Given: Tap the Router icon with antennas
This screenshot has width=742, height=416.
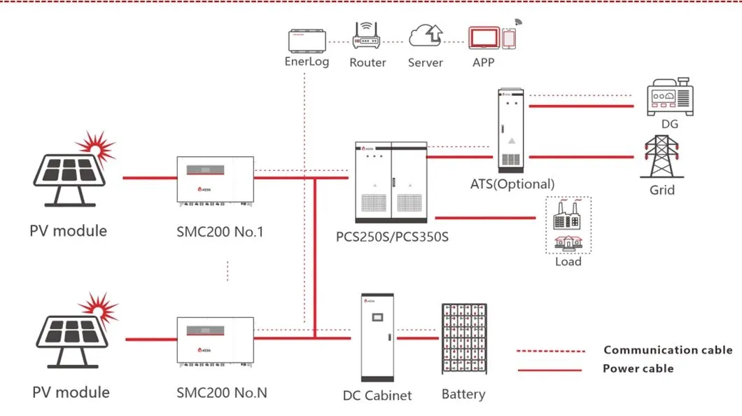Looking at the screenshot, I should coord(367,38).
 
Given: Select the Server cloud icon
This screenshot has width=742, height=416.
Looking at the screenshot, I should coord(426,36).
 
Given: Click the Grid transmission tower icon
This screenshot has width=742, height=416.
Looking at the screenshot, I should coord(661,155).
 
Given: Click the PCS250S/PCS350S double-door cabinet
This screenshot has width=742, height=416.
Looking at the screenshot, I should coord(391,181).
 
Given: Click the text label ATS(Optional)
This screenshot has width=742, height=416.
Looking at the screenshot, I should coord(512,184).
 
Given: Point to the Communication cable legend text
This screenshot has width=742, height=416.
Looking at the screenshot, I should coord(667,350).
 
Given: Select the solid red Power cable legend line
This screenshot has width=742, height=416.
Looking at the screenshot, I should coord(549,369).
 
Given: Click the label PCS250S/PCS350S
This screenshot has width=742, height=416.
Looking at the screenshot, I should coord(392,237).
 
